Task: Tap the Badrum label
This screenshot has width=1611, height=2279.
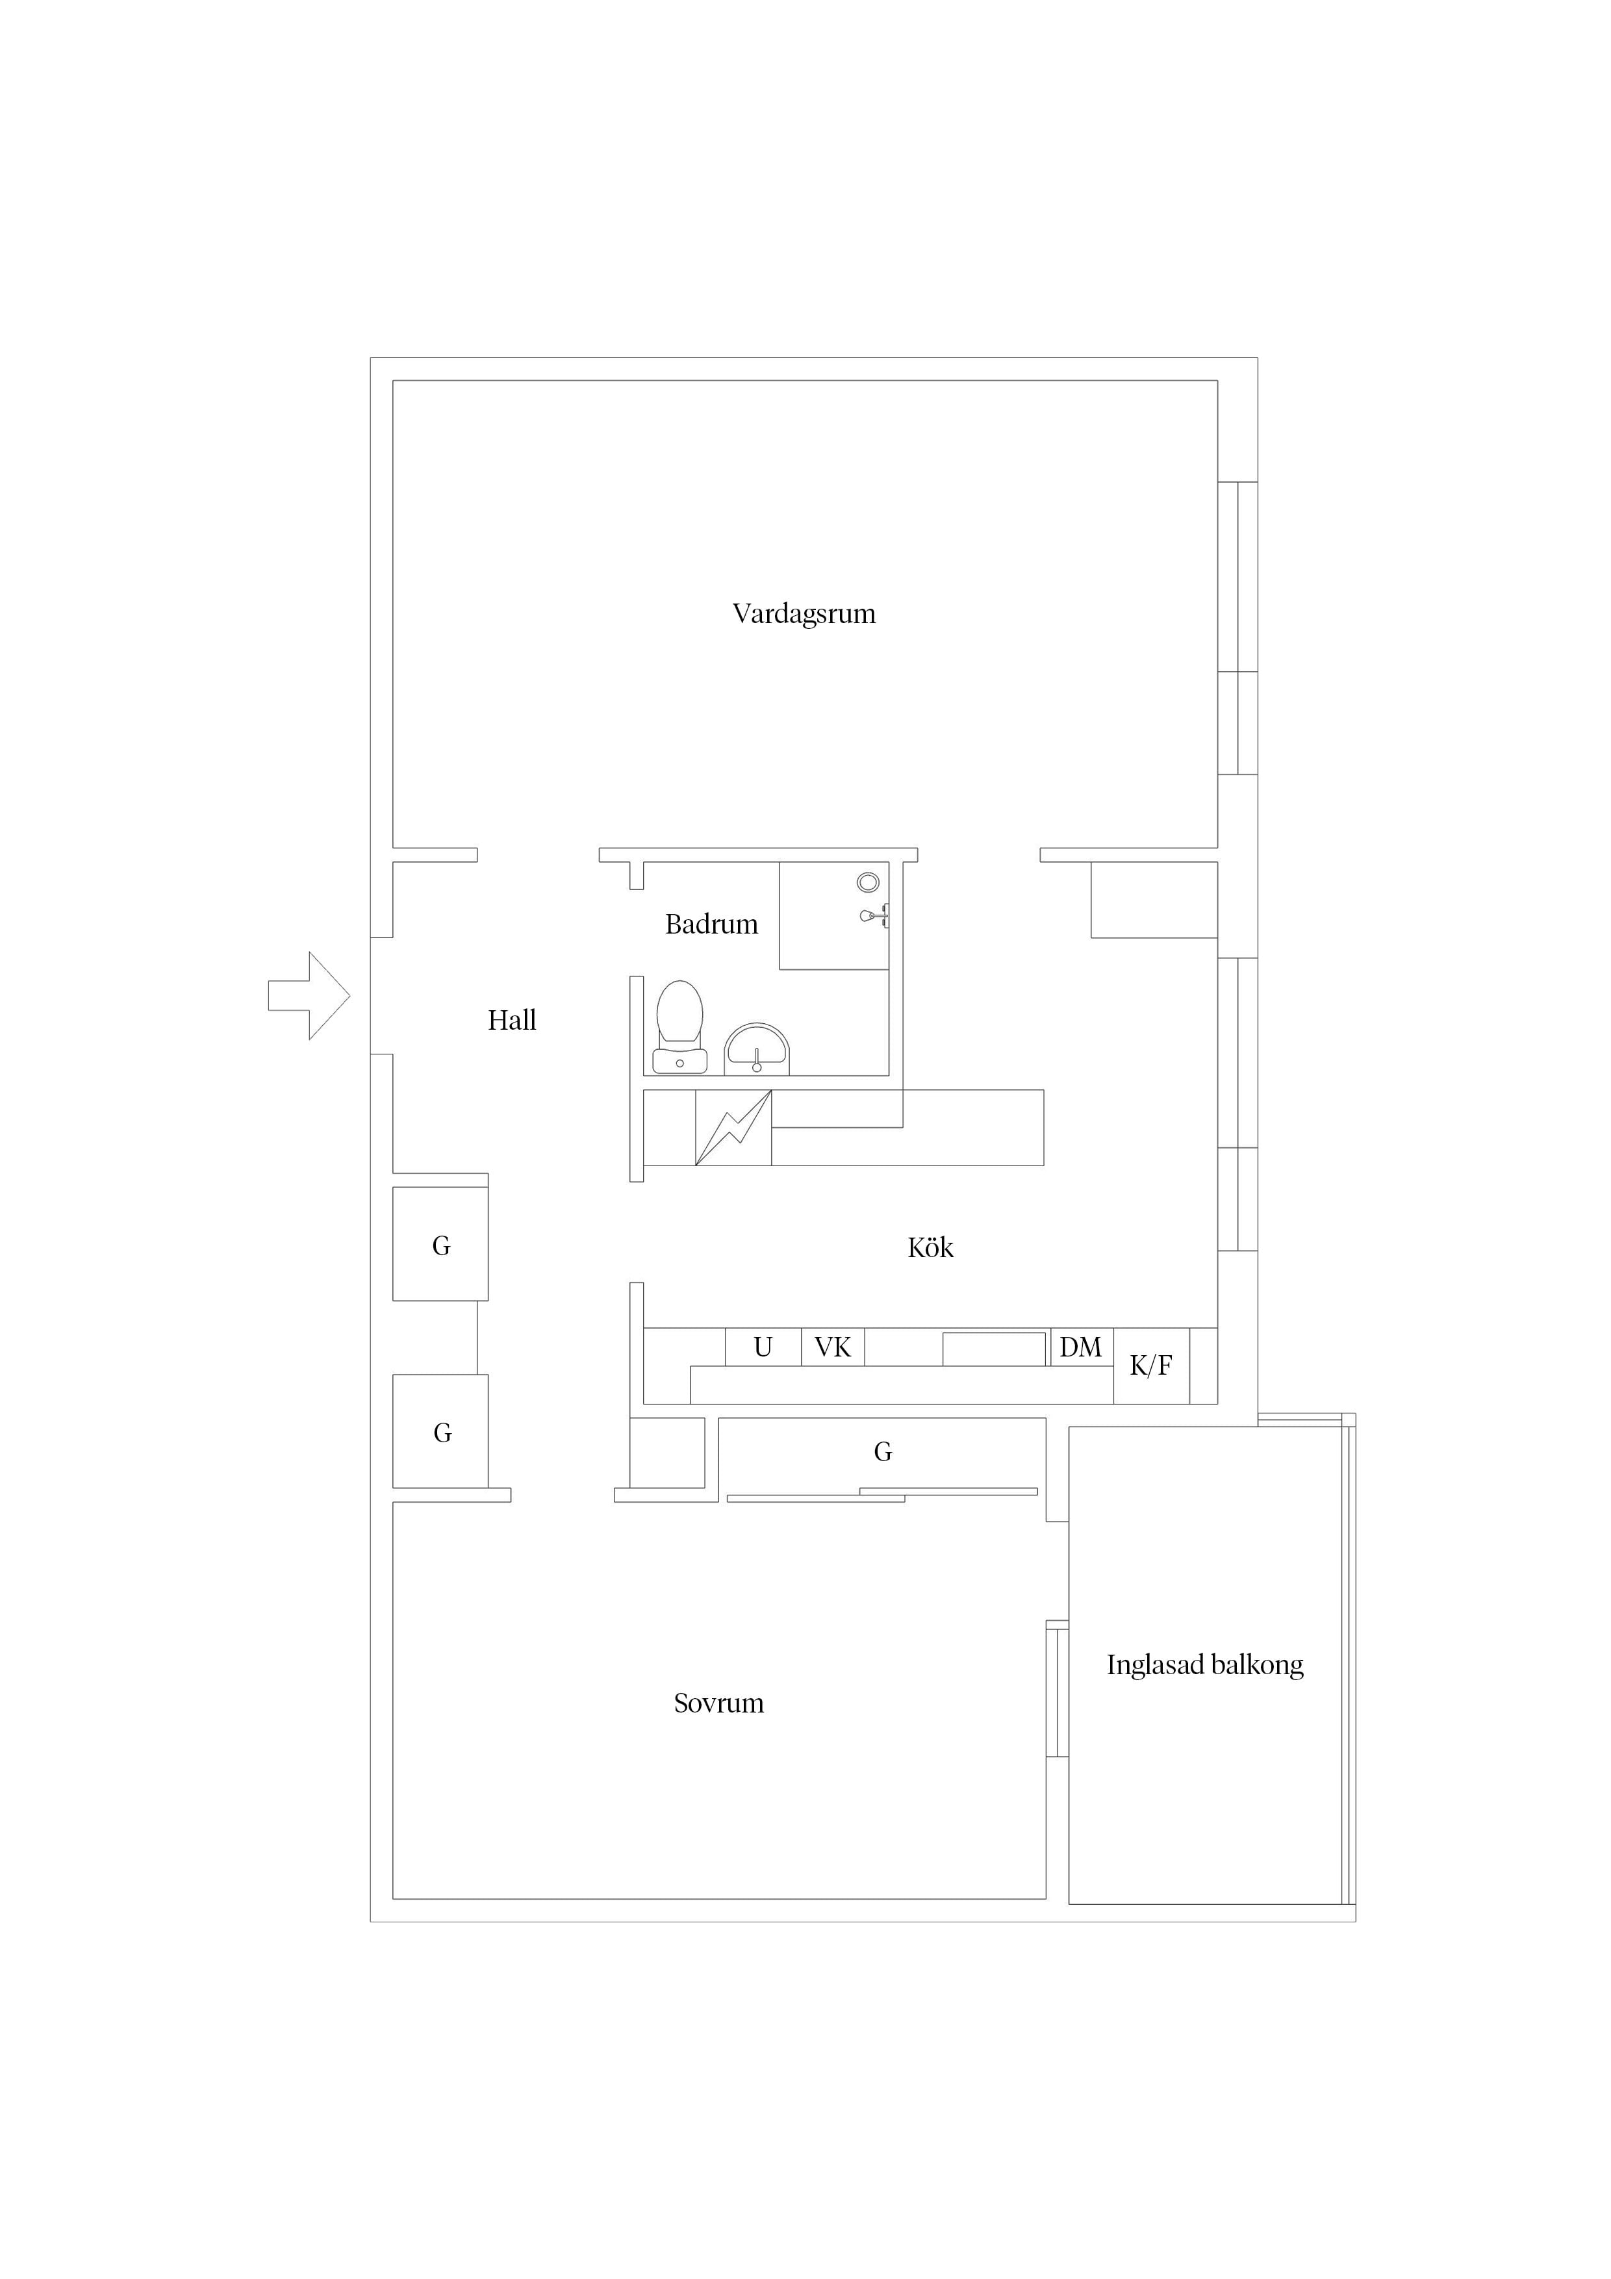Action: point(712,924)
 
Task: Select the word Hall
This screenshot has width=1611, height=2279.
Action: point(512,1021)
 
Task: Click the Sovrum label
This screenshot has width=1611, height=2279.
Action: point(718,1703)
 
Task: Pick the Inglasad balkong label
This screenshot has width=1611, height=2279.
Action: point(1205,1664)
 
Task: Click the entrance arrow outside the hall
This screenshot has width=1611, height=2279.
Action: point(309,995)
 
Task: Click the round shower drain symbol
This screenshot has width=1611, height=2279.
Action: point(869,882)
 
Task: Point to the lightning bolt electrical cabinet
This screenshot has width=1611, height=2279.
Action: point(733,1128)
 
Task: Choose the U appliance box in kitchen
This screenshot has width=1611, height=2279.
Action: point(763,1347)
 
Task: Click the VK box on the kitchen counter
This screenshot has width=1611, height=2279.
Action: point(833,1347)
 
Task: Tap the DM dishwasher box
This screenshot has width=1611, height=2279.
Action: point(1081,1347)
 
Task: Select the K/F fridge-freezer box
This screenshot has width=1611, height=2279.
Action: point(1152,1366)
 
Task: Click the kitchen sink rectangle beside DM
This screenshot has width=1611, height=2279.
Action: point(994,1349)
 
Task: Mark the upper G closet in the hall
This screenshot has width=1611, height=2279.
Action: point(440,1243)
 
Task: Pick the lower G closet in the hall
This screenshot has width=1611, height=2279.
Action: point(440,1431)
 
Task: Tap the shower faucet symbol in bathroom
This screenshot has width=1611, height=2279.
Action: point(874,915)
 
